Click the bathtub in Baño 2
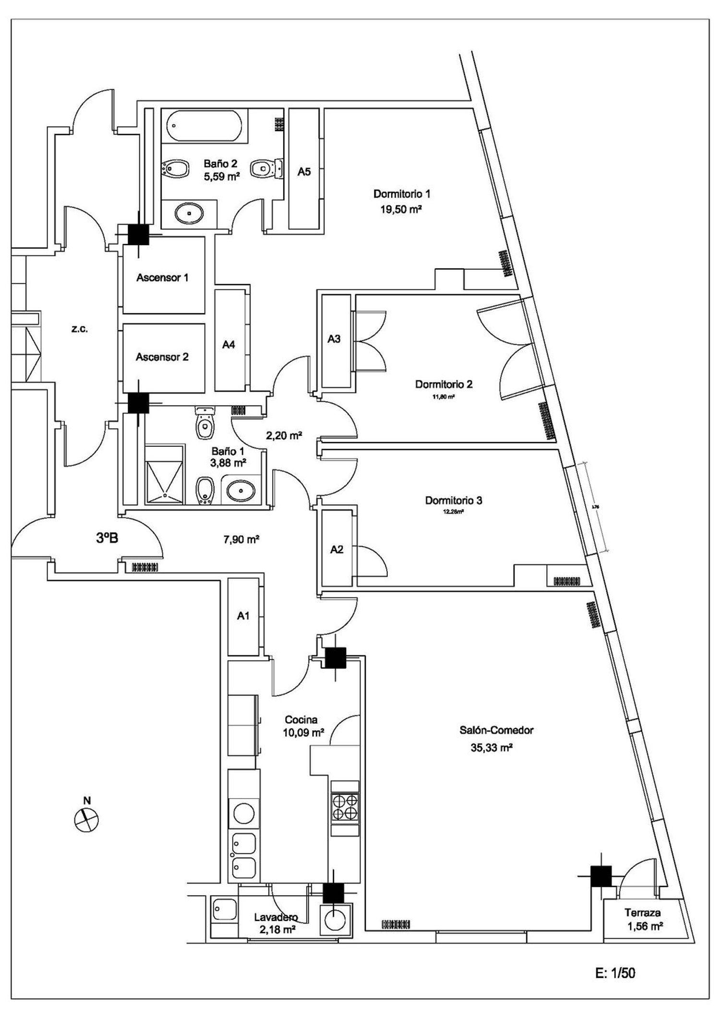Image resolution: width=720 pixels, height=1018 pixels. (x=204, y=126)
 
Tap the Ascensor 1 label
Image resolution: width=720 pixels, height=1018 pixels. (x=162, y=277)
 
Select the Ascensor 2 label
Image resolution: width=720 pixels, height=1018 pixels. (x=162, y=357)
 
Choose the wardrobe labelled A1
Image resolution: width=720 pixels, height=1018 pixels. (x=243, y=616)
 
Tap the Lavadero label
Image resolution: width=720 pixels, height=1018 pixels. (x=276, y=917)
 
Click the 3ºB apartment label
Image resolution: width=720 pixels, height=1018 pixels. (x=107, y=538)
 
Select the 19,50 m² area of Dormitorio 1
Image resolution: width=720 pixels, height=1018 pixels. (x=401, y=209)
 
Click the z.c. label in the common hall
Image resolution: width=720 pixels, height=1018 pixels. (x=79, y=329)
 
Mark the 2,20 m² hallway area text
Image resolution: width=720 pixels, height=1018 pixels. (x=284, y=436)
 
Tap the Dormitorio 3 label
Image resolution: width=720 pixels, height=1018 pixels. (x=454, y=501)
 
